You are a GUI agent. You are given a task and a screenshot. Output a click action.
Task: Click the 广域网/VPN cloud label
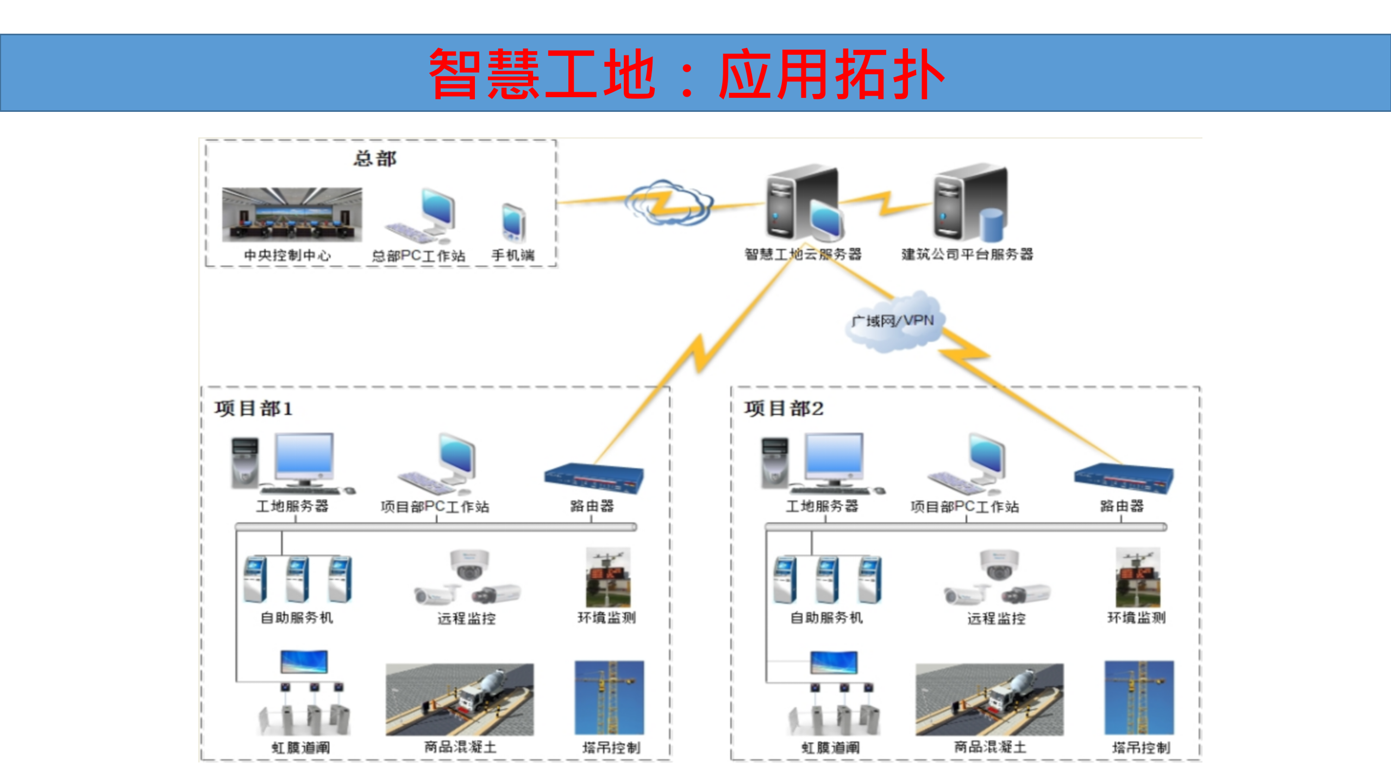pos(893,321)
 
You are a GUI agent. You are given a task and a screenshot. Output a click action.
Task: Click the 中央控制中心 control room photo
pos(292,215)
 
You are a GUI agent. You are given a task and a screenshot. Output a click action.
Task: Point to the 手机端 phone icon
pos(513,222)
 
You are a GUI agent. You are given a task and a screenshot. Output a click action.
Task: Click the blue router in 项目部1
pos(593,478)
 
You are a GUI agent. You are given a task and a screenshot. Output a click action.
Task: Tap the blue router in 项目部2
pos(1123,478)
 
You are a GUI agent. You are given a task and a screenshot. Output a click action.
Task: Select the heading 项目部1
pos(253,408)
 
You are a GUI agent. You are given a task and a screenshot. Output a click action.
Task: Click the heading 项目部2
pos(784,408)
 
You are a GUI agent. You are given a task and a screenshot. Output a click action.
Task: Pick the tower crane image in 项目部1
pos(609,698)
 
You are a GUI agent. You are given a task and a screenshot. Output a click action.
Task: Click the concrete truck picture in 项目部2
pos(989,699)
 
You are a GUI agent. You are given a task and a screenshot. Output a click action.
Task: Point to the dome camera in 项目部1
pos(469,564)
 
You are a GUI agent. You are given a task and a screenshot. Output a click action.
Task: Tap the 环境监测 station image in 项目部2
pos(1137,577)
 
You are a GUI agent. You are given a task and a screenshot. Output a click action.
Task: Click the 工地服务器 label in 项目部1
pos(292,506)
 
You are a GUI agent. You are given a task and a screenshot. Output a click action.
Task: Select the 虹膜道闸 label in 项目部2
pos(830,748)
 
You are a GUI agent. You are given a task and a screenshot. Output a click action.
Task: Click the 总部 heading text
pos(375,159)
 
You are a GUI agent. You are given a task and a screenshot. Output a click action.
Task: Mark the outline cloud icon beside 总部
pos(668,203)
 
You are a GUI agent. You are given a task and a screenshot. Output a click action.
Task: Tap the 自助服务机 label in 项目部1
pos(297,617)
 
